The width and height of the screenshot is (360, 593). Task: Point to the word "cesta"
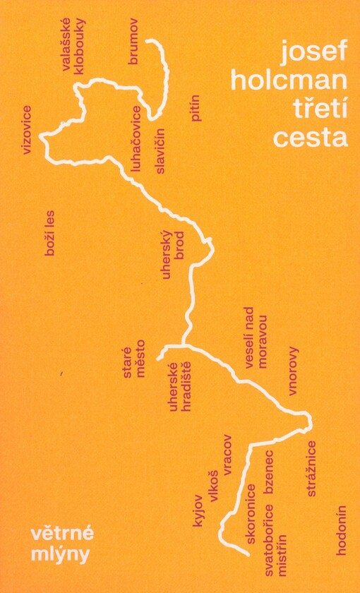[x=311, y=136]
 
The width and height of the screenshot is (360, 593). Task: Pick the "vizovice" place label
[x=28, y=129]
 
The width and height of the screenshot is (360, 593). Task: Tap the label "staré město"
[x=134, y=364]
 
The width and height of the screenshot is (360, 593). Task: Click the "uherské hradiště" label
[x=182, y=390]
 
